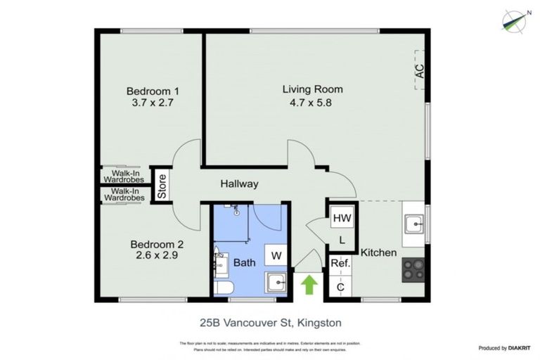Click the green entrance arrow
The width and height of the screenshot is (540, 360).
click(x=309, y=285)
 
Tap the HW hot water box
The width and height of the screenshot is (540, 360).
click(x=342, y=218)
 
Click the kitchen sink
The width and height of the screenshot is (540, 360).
click(x=414, y=224)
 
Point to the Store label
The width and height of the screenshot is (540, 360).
click(x=161, y=186)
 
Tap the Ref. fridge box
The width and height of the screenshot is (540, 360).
click(x=341, y=264)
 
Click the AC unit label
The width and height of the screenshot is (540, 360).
click(x=420, y=70)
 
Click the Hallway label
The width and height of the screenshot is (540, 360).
click(x=239, y=184)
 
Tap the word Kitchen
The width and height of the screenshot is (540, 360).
click(x=379, y=252)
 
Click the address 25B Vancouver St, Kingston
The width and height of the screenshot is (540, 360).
click(x=270, y=323)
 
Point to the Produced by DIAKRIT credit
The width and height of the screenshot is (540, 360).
click(x=503, y=348)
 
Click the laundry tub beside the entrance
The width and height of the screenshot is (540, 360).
click(x=276, y=283)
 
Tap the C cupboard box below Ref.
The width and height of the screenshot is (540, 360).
click(x=341, y=287)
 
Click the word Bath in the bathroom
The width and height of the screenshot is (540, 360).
click(x=245, y=263)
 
